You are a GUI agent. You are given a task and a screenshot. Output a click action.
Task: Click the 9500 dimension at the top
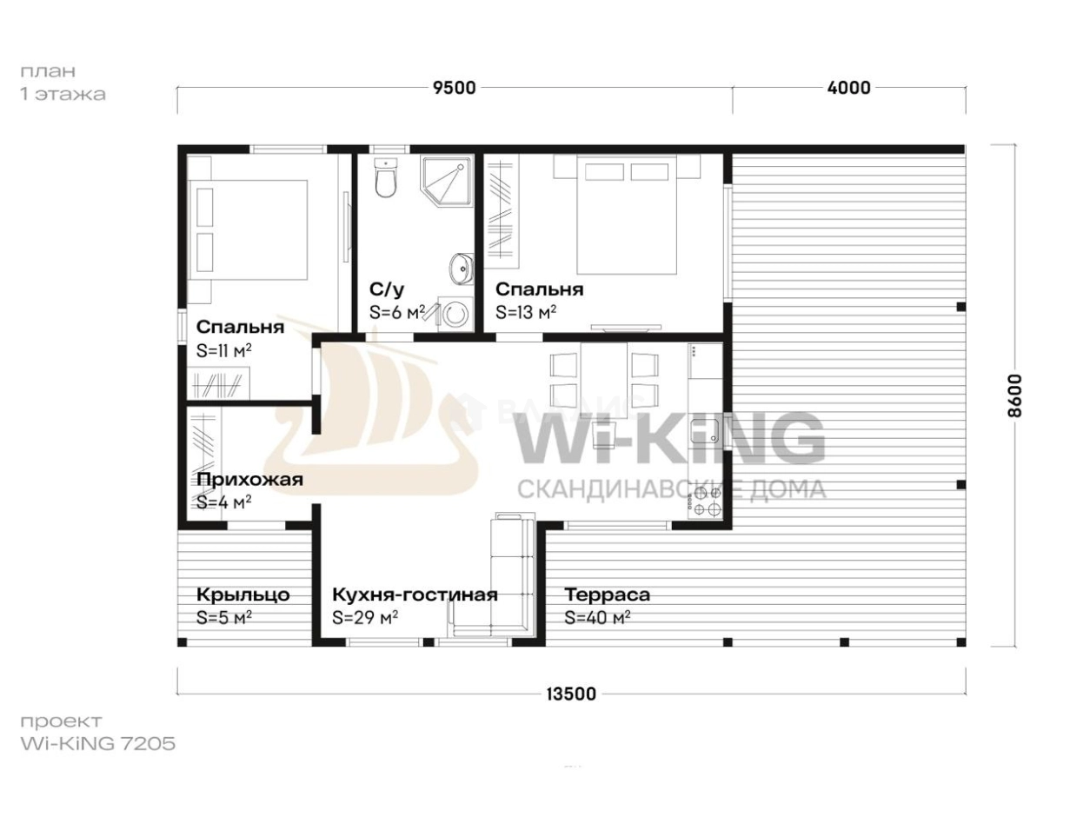(x=454, y=88)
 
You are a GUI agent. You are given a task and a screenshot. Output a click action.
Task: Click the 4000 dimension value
(x=848, y=88)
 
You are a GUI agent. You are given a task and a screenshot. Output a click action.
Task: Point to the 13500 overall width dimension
(x=571, y=694)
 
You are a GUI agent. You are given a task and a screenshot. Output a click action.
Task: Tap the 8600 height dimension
(x=1015, y=395)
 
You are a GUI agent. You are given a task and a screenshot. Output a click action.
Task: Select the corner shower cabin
(x=446, y=180)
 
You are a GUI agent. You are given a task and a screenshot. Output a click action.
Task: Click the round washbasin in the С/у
(x=461, y=269)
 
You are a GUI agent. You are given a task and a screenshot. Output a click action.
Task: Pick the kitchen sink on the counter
(x=706, y=430)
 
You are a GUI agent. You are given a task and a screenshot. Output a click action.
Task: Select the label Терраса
(x=607, y=594)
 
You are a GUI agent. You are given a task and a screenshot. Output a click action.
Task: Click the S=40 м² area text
(x=597, y=617)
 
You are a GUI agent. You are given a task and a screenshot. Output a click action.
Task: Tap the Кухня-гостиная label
(x=415, y=594)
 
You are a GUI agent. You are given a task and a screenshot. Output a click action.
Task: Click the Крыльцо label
(x=243, y=594)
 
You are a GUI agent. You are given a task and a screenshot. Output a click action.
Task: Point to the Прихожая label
(x=249, y=480)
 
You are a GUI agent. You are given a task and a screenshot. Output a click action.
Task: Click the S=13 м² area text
(x=526, y=312)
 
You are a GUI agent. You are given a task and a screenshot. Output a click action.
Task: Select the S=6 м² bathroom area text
(x=397, y=312)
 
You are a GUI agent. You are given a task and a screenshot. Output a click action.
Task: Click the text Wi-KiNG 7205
(x=98, y=743)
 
